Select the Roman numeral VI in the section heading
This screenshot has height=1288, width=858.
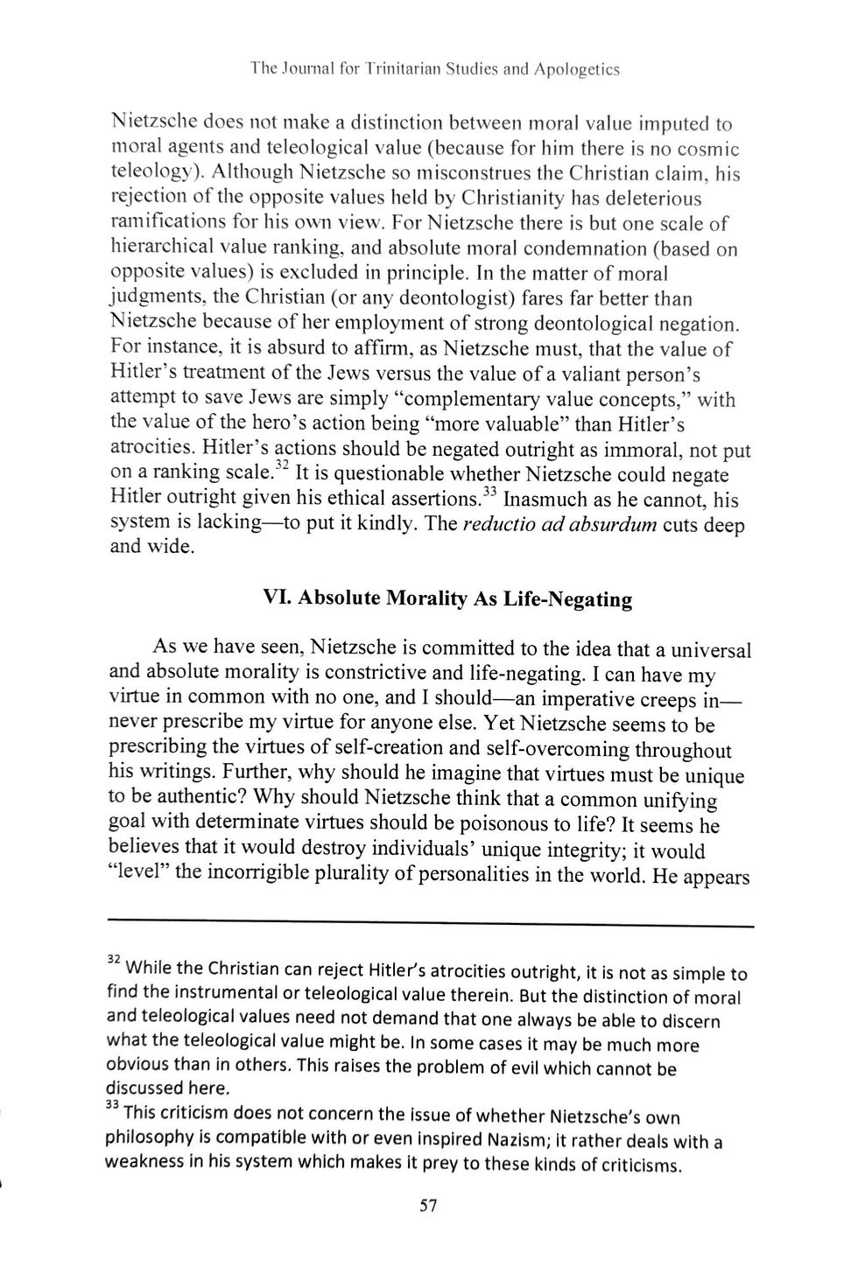[x=278, y=598]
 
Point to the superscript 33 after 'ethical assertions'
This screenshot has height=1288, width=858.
[x=489, y=492]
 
